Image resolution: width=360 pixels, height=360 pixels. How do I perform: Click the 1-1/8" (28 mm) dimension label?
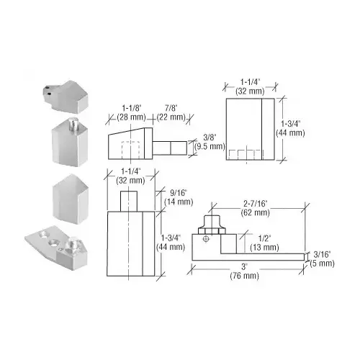125,112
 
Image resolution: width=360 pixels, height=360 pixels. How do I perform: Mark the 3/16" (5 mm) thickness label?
321,258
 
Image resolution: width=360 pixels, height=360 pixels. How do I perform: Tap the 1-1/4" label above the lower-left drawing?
130,177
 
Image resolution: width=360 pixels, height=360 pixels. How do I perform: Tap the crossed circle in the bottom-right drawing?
205,238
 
